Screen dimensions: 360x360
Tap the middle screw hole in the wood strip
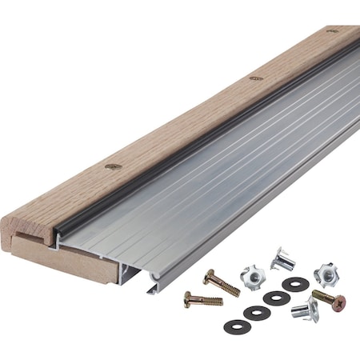pos(255,78)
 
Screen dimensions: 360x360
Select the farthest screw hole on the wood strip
pos(332,30)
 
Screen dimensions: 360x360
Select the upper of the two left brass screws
pos(221,282)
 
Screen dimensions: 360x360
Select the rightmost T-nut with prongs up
pos(326,272)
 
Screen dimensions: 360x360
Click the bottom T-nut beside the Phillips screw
pos(303,309)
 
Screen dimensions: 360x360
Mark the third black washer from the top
pos(256,312)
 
